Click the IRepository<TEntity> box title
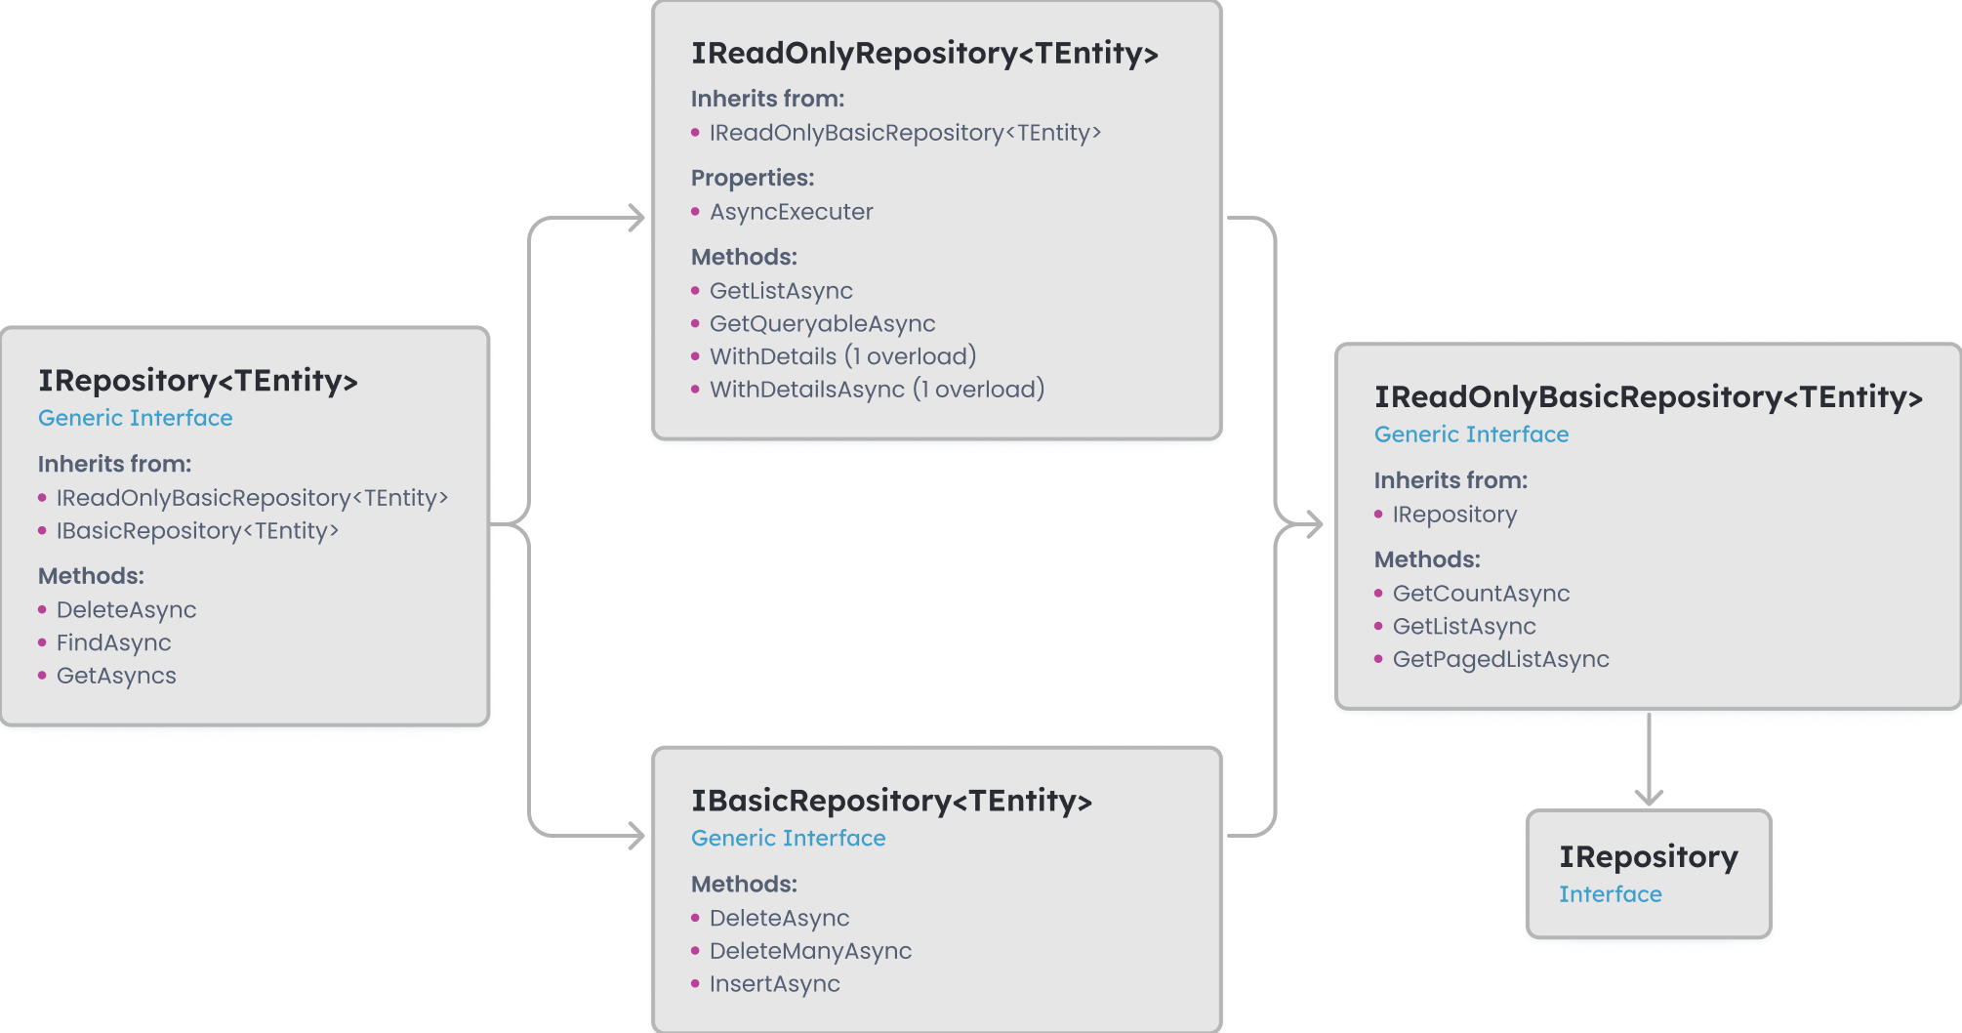198,381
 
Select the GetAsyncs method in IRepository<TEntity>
116,676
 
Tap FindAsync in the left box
113,642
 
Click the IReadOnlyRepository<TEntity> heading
924,54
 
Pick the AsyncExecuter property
791,212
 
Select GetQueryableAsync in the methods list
822,323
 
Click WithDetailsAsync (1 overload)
877,390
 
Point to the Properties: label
753,178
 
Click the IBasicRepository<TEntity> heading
891,802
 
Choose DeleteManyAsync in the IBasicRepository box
810,951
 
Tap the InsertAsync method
774,984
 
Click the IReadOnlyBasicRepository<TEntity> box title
1648,397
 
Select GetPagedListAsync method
1500,659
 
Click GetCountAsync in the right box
1481,594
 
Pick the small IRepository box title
1648,857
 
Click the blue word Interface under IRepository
1610,894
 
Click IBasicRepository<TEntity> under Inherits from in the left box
197,531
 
